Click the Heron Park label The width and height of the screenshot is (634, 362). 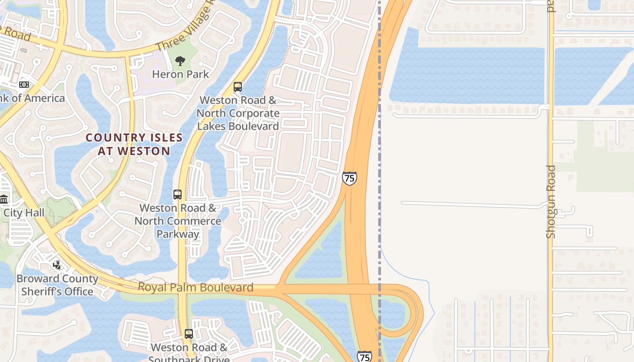pyautogui.click(x=180, y=74)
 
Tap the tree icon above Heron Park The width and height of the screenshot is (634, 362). pyautogui.click(x=180, y=61)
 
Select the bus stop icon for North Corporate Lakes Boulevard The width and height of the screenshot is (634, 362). pyautogui.click(x=238, y=87)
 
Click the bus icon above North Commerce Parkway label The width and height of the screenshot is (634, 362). pyautogui.click(x=178, y=195)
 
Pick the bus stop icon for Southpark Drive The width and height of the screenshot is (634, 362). pyautogui.click(x=189, y=334)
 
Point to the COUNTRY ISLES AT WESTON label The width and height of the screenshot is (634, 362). pyautogui.click(x=134, y=144)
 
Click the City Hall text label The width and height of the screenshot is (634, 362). pyautogui.click(x=24, y=213)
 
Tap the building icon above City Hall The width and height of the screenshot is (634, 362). pyautogui.click(x=4, y=199)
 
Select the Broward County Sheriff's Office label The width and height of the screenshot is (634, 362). pyautogui.click(x=58, y=285)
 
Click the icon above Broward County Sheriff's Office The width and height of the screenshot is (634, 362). pyautogui.click(x=57, y=265)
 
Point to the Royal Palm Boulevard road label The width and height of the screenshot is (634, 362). pyautogui.click(x=195, y=287)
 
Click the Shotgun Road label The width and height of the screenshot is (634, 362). pyautogui.click(x=551, y=202)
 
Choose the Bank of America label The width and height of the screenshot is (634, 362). pyautogui.click(x=32, y=98)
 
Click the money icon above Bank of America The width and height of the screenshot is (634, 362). pyautogui.click(x=24, y=85)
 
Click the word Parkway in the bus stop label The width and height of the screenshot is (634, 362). pyautogui.click(x=178, y=234)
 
